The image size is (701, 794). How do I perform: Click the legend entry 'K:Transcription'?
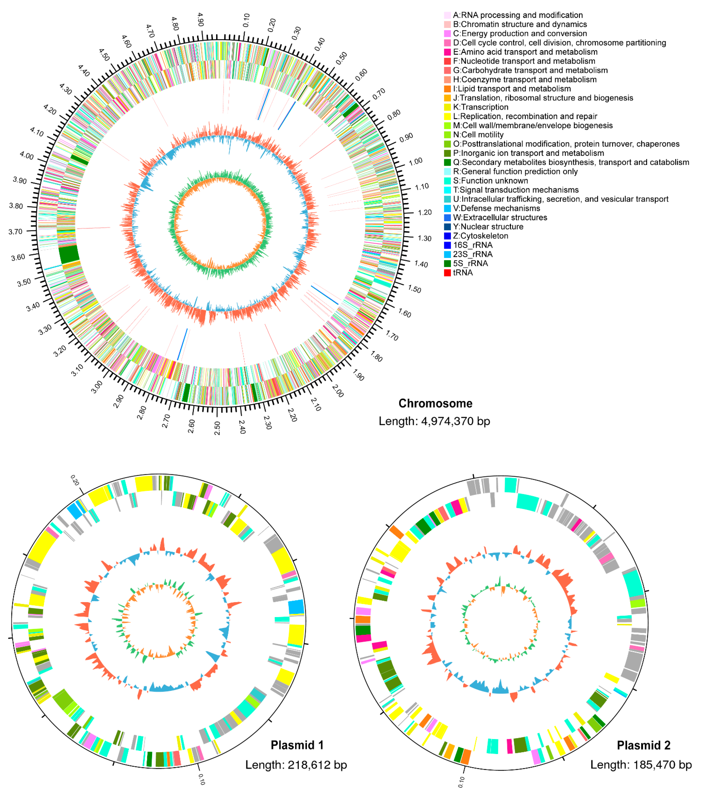(480, 107)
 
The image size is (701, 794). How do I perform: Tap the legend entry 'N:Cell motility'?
(478, 135)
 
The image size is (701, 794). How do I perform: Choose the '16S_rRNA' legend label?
(472, 245)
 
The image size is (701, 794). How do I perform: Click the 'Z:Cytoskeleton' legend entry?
(480, 236)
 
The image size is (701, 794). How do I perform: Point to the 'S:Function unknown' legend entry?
(490, 181)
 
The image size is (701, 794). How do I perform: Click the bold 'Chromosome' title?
(435, 404)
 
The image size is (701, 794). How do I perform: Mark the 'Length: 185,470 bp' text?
(641, 765)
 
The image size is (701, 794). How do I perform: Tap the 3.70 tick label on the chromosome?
(15, 231)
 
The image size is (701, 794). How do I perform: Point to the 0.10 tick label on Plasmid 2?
(461, 782)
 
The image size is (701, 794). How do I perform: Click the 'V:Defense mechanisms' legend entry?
(496, 208)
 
